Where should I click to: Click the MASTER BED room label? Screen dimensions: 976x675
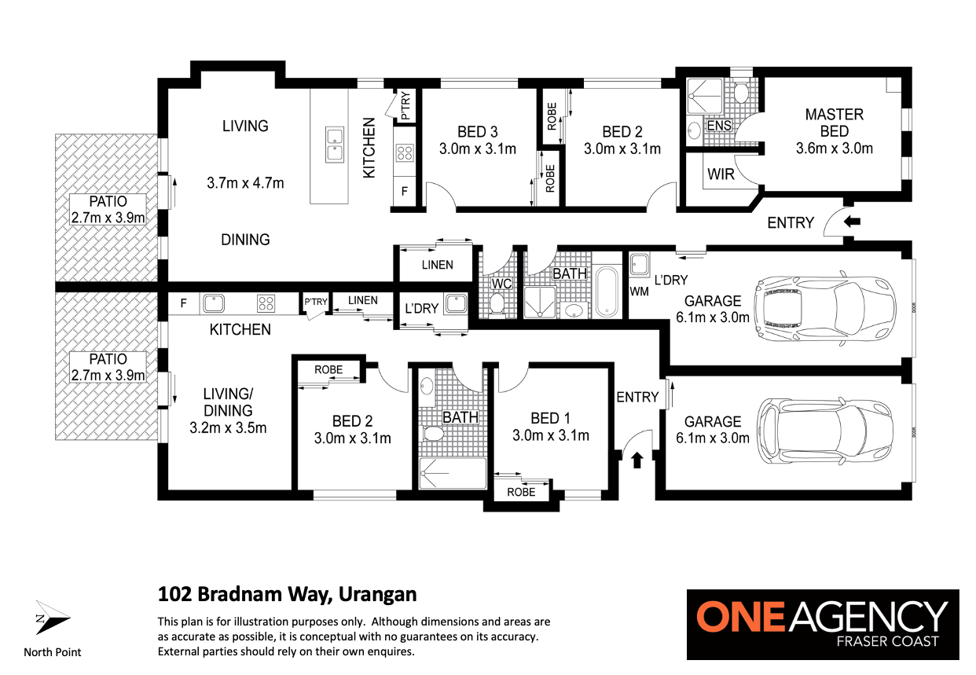[834, 123]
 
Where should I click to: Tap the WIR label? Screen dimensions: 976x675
[721, 174]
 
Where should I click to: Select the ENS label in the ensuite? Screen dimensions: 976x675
[719, 126]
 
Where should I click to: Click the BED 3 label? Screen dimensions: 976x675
[477, 131]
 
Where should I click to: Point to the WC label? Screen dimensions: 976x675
[501, 284]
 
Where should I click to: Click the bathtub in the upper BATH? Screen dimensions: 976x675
[607, 291]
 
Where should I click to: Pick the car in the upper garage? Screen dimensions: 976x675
[825, 309]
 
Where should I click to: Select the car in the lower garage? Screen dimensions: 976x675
[825, 431]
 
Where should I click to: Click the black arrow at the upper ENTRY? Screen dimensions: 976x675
[852, 222]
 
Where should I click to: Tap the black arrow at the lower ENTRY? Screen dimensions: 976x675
[637, 460]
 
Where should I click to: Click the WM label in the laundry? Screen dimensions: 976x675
[639, 292]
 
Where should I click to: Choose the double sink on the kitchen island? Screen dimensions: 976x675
[335, 145]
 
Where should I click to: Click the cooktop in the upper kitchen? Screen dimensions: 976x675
[405, 153]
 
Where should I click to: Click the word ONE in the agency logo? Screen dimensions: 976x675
[742, 617]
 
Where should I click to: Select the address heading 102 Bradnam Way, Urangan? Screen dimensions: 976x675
[287, 594]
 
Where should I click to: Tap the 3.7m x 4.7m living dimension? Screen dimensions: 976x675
[245, 183]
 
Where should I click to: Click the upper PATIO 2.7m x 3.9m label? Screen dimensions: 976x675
[108, 209]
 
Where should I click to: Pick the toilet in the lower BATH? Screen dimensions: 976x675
[434, 434]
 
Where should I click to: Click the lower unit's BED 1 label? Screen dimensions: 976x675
[550, 418]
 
